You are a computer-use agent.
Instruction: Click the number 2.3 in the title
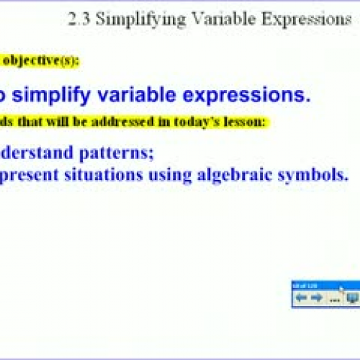[79, 19]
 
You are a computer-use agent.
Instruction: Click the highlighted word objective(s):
[43, 60]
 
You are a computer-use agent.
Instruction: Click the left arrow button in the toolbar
[301, 297]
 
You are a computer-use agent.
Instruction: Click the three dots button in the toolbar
[333, 297]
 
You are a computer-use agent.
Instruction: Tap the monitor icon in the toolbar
[351, 297]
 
